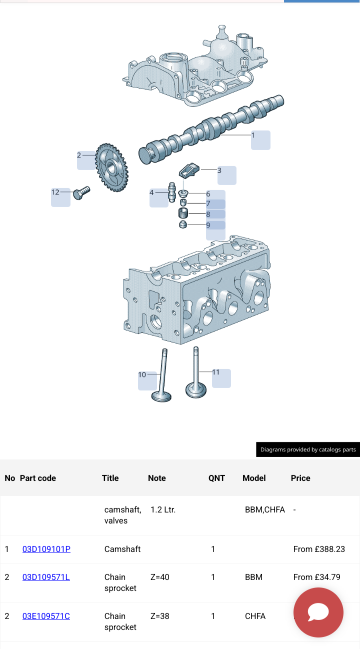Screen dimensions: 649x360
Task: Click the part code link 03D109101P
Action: (x=46, y=549)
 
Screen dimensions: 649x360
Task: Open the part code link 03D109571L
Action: (x=46, y=577)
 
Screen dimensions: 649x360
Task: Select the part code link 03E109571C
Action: (x=46, y=616)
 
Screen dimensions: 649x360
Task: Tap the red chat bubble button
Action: (x=318, y=612)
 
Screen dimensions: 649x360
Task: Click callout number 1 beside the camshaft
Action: (x=253, y=135)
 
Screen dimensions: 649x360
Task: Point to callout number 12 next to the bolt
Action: (x=55, y=192)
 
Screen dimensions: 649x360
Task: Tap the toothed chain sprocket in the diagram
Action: (x=111, y=167)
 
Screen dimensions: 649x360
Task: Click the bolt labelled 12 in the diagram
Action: (x=80, y=192)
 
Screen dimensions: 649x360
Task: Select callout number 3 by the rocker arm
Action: (x=219, y=170)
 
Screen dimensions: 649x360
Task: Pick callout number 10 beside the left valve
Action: (x=142, y=374)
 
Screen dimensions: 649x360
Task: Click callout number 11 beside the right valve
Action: (x=216, y=372)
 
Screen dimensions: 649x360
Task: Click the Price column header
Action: (x=300, y=478)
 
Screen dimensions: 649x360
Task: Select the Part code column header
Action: (x=38, y=478)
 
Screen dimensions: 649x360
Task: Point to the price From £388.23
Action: (x=319, y=549)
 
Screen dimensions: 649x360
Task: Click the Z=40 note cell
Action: (x=160, y=577)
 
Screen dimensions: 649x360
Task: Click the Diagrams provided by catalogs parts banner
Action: (x=308, y=449)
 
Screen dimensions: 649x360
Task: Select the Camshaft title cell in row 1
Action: (x=122, y=549)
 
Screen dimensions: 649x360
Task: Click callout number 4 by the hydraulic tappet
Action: (x=152, y=192)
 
